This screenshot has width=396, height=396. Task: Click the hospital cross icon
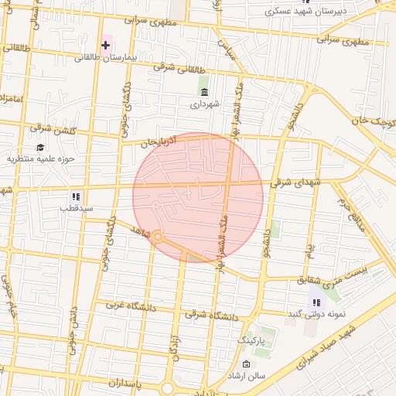pyautogui.click(x=106, y=45)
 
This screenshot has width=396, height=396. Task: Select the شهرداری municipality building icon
pyautogui.click(x=204, y=92)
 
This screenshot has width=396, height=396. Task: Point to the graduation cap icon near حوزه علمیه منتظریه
pyautogui.click(x=40, y=147)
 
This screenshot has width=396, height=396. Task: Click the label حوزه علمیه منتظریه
pyautogui.click(x=40, y=159)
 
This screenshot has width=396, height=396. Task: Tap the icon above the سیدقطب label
pyautogui.click(x=76, y=196)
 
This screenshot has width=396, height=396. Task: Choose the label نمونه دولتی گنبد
pyautogui.click(x=315, y=314)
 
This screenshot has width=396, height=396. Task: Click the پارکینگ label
pyautogui.click(x=250, y=340)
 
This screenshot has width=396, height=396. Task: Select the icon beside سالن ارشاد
pyautogui.click(x=246, y=364)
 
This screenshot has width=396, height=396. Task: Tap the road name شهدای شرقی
pyautogui.click(x=295, y=183)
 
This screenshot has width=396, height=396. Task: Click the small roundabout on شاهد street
pyautogui.click(x=157, y=237)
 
